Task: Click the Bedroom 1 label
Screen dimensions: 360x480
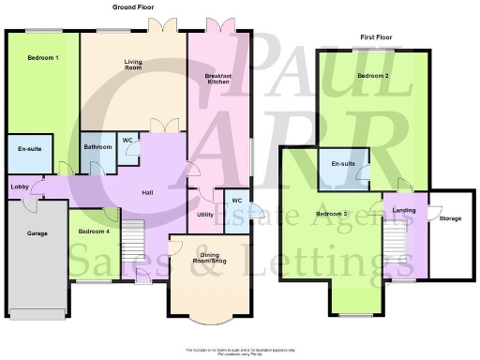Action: pos(43,59)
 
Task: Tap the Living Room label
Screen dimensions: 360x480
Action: pos(133,65)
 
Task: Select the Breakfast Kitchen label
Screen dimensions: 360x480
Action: pos(217,79)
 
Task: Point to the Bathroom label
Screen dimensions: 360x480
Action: pos(97,147)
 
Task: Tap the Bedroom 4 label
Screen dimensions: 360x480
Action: pos(94,232)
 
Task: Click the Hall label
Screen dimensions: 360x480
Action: pos(147,193)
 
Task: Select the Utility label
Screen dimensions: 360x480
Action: pos(205,216)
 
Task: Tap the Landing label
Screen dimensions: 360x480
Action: pos(404,211)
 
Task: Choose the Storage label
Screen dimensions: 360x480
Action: pos(450,219)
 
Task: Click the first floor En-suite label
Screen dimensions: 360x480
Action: pos(342,165)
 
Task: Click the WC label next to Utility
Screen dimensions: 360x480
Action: pos(237,201)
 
